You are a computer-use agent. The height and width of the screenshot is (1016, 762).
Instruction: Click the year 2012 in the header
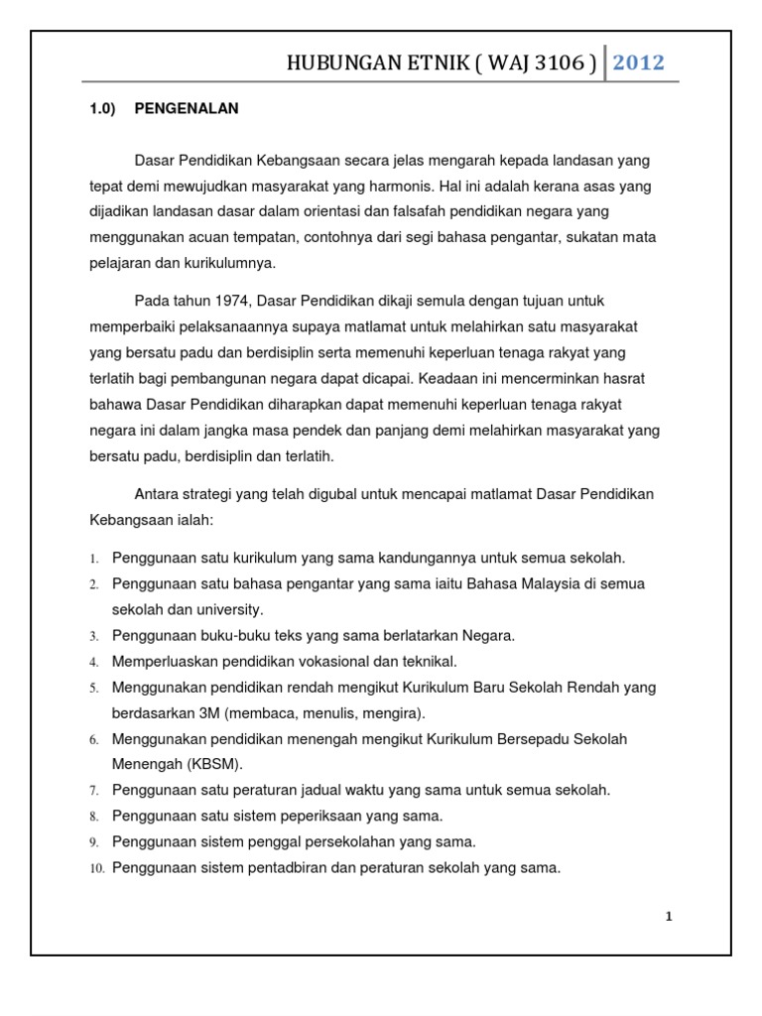tap(638, 63)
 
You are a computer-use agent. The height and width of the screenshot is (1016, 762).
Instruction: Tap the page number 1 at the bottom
tap(669, 917)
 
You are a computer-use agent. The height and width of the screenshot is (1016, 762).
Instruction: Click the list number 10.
tap(97, 868)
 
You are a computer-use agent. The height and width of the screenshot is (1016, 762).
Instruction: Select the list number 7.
tap(94, 791)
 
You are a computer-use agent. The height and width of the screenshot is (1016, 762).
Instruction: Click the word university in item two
tap(229, 610)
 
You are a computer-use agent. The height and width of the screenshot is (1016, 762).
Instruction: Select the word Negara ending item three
tap(487, 636)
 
